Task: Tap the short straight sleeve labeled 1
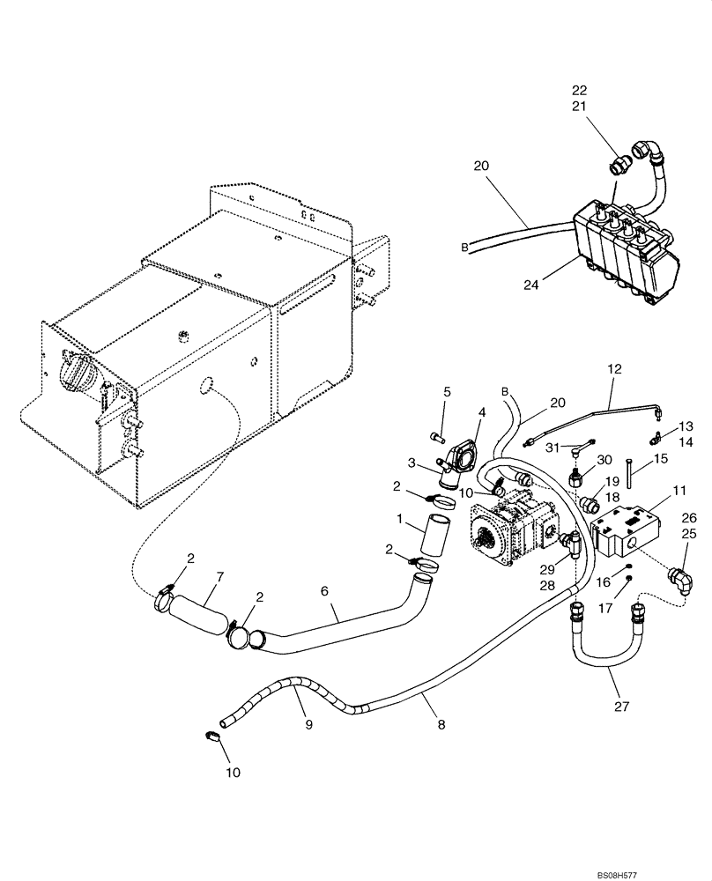433,537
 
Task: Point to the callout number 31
552,448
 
